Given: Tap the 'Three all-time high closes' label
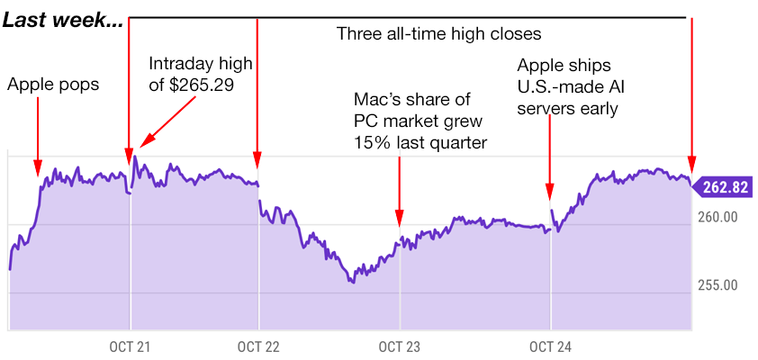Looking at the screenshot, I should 438,35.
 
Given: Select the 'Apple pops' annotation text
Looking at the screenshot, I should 53,85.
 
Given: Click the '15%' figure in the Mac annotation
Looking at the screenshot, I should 371,141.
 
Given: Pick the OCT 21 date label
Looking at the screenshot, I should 131,347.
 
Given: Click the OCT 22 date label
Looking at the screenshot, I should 259,347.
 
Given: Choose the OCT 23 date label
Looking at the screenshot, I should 400,347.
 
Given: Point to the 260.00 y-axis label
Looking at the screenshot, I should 717,218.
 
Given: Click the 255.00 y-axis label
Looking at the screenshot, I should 717,285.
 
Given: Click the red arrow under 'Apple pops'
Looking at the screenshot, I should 38,135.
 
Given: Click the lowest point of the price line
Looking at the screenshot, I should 352,282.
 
